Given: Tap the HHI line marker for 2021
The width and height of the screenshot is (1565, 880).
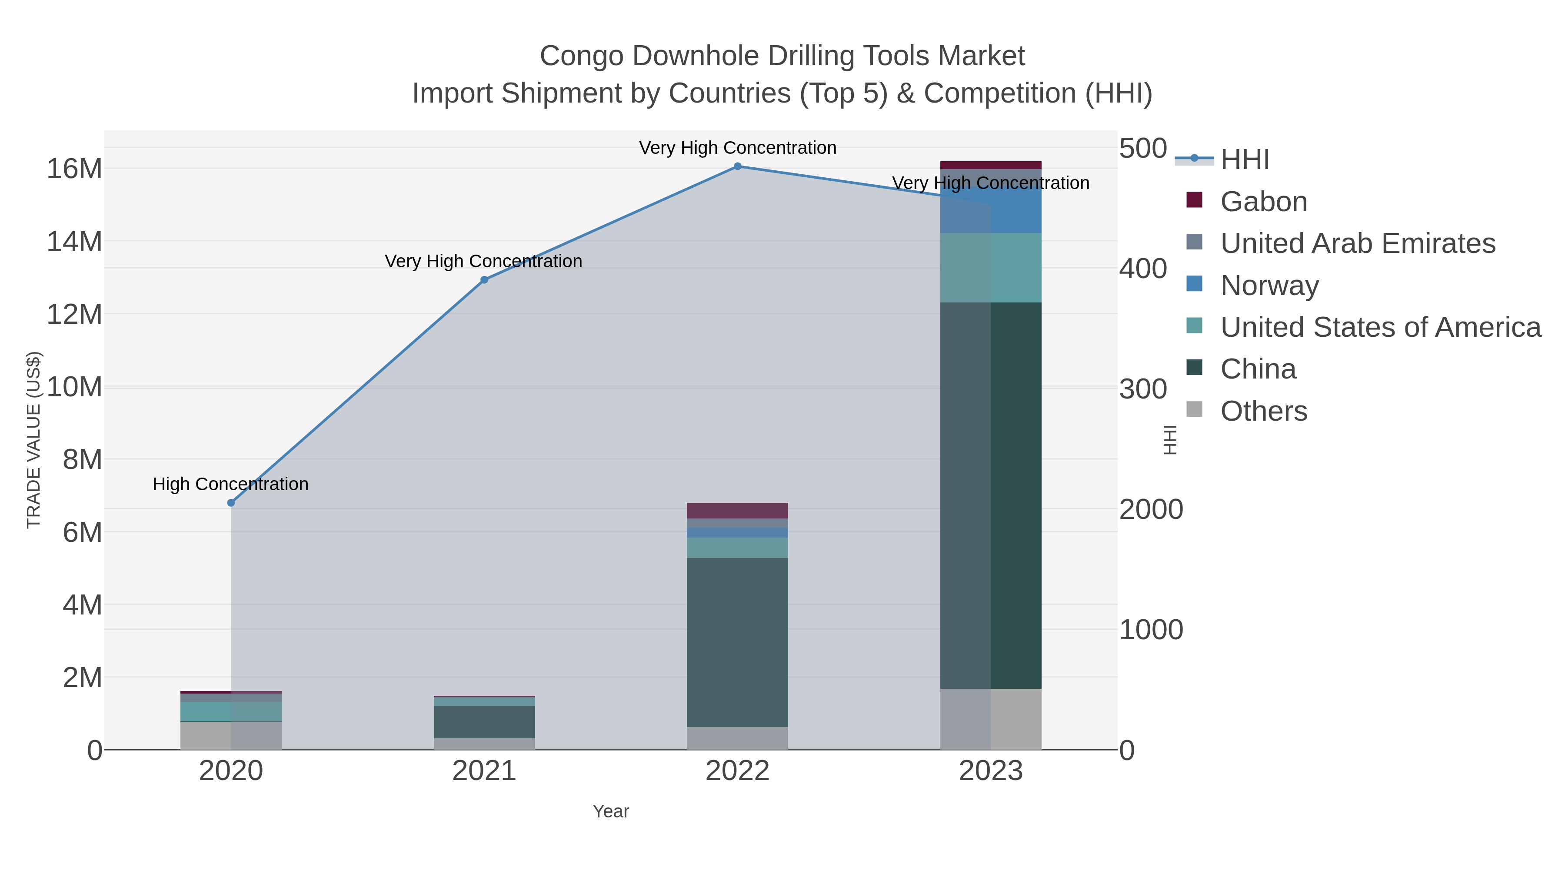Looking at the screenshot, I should coord(484,280).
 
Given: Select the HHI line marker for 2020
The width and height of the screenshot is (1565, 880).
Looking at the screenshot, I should coord(231,503).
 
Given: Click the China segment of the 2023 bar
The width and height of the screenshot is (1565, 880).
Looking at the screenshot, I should coord(991,495).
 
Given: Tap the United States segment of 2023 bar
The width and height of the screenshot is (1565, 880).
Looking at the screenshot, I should coord(991,267).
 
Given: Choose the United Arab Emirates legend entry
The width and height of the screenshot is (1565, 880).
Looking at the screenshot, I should coord(1357,243).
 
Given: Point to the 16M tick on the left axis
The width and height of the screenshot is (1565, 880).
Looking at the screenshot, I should coord(74,168).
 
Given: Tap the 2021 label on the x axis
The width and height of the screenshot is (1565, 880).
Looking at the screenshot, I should coord(484,770).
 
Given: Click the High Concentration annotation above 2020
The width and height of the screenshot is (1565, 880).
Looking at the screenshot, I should coord(230,484).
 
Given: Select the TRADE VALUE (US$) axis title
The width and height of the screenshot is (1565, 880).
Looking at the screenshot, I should coord(33,440).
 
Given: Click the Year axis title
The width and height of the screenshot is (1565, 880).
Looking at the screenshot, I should coord(611,811).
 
